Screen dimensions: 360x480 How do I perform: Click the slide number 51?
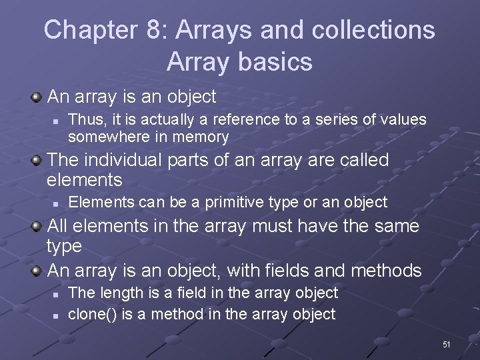pyautogui.click(x=447, y=345)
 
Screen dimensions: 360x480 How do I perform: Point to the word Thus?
pyautogui.click(x=83, y=119)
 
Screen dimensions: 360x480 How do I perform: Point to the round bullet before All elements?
pyautogui.click(x=38, y=227)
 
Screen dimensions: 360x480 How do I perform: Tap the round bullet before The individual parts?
pyautogui.click(x=38, y=161)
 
